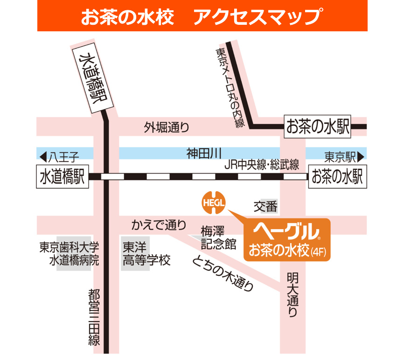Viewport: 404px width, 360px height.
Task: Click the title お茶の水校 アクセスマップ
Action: pyautogui.click(x=202, y=17)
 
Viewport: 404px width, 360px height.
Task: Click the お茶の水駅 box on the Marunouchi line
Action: pyautogui.click(x=318, y=126)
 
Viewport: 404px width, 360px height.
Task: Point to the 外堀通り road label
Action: pyautogui.click(x=167, y=126)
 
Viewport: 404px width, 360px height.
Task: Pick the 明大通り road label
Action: pyautogui.click(x=292, y=295)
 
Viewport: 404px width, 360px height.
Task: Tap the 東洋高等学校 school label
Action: pyautogui.click(x=146, y=253)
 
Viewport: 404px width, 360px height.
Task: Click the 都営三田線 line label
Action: pyautogui.click(x=95, y=317)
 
